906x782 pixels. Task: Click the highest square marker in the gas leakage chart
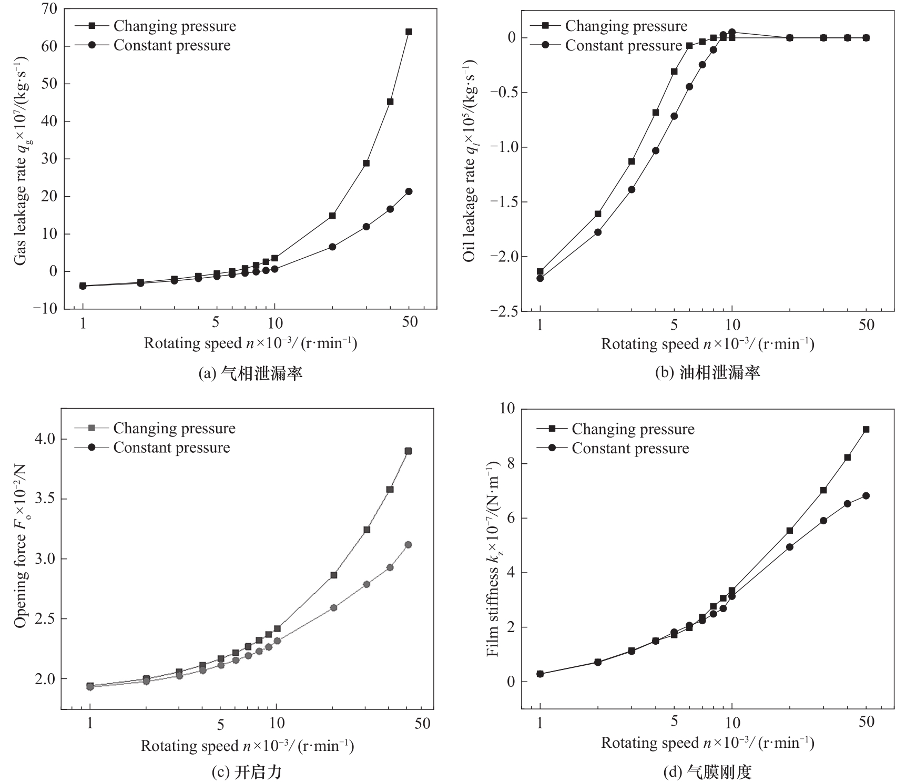[x=409, y=32]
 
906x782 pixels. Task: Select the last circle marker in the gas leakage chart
[x=409, y=191]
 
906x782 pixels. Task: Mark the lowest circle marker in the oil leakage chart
[x=540, y=278]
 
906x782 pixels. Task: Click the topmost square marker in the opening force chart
[x=408, y=451]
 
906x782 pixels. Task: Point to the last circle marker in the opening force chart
[x=408, y=545]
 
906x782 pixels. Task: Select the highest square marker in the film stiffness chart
[x=866, y=429]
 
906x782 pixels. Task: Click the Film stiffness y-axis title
[x=492, y=561]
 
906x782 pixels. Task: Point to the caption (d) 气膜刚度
[x=707, y=772]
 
